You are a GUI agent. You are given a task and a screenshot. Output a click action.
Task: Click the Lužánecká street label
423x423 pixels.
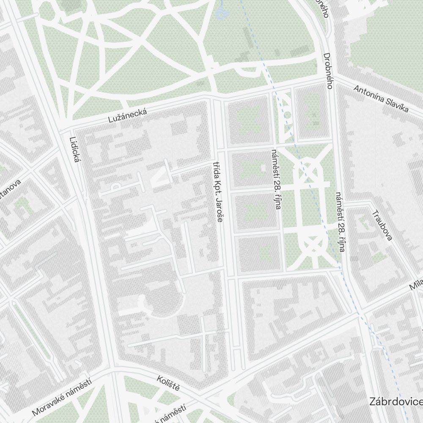[128, 116]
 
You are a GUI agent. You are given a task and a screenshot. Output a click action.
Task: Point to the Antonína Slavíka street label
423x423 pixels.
[381, 99]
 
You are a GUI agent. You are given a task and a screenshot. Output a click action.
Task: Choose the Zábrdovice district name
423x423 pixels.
[396, 401]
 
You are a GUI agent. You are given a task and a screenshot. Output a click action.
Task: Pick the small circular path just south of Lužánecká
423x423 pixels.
[286, 114]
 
